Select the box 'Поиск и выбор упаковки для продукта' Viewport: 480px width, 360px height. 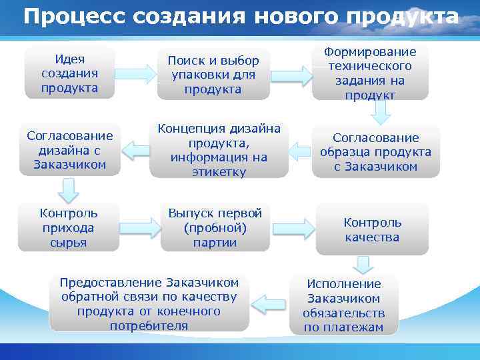pyautogui.click(x=213, y=75)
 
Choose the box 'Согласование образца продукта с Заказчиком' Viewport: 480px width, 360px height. pyautogui.click(x=376, y=151)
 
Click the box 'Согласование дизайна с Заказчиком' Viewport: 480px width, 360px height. pyautogui.click(x=70, y=150)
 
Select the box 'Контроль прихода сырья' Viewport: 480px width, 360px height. pyautogui.click(x=69, y=227)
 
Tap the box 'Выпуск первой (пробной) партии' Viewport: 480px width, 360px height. pyautogui.click(x=215, y=227)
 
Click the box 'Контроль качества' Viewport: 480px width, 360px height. pyautogui.click(x=373, y=229)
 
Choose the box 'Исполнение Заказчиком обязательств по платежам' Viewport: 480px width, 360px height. pyautogui.click(x=343, y=304)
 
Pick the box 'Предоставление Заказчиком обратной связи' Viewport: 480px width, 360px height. pyautogui.click(x=149, y=303)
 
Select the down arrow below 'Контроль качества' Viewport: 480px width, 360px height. pyautogui.click(x=363, y=265)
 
